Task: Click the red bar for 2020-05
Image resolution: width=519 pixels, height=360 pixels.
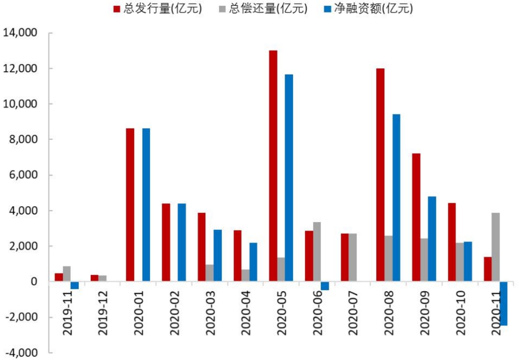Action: (273, 166)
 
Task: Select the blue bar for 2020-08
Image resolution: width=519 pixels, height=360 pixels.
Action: (396, 198)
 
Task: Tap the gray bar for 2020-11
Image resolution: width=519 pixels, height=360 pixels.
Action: (495, 247)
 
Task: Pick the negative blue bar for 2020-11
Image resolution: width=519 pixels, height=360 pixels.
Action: (504, 304)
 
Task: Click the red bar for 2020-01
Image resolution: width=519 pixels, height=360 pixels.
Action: (130, 205)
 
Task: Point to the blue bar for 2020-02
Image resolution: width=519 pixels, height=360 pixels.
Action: (182, 242)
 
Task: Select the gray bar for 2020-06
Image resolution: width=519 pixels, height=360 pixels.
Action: (317, 252)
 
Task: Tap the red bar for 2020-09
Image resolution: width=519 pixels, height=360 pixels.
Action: (416, 217)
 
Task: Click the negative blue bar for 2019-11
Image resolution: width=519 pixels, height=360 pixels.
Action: (74, 286)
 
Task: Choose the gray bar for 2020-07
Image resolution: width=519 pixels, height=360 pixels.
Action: (353, 257)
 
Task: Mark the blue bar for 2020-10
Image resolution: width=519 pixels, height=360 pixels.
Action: (468, 261)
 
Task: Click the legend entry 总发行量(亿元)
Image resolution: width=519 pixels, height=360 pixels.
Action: (157, 8)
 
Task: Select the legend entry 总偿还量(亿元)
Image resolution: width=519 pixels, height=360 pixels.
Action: (263, 8)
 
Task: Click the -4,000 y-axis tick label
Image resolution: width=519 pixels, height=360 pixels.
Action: (21, 353)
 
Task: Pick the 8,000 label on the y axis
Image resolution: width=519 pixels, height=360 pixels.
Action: (23, 139)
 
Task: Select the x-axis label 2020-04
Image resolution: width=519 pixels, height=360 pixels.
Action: (246, 313)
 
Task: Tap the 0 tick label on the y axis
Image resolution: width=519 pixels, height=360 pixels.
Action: (34, 282)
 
